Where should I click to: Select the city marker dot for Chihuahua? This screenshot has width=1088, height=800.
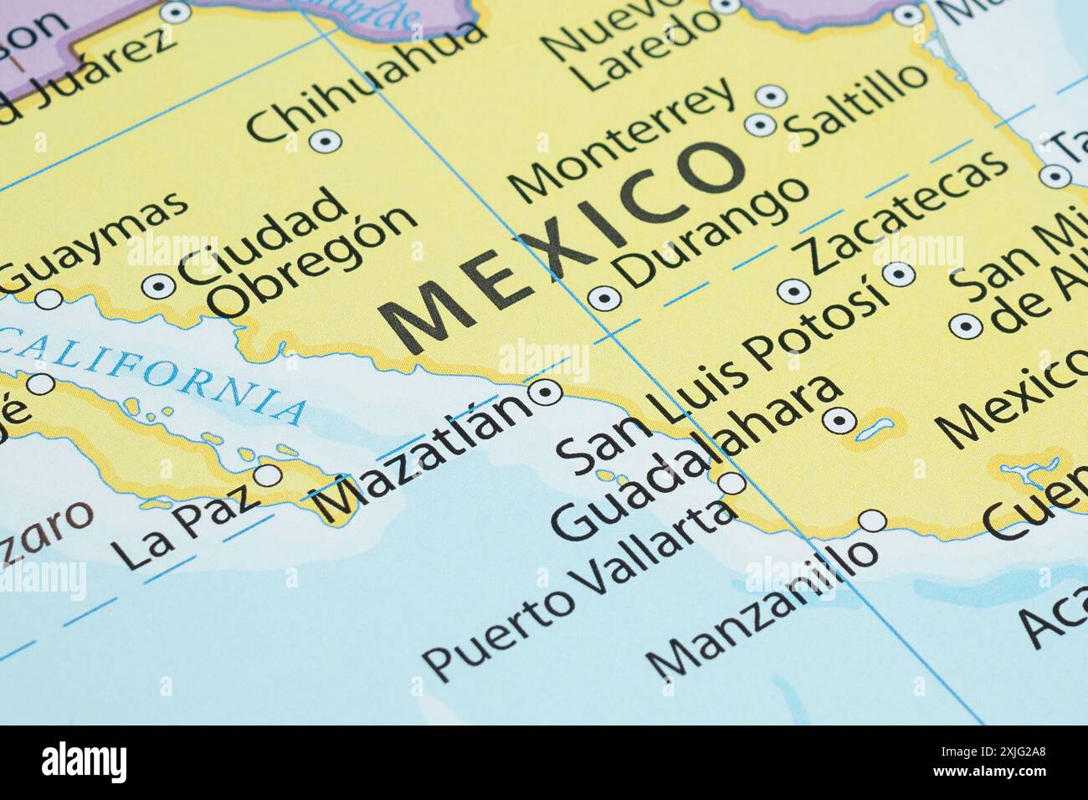coord(325,141)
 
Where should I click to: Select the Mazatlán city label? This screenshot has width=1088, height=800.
coord(424,456)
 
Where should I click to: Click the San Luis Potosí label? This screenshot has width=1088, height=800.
coord(720,377)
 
